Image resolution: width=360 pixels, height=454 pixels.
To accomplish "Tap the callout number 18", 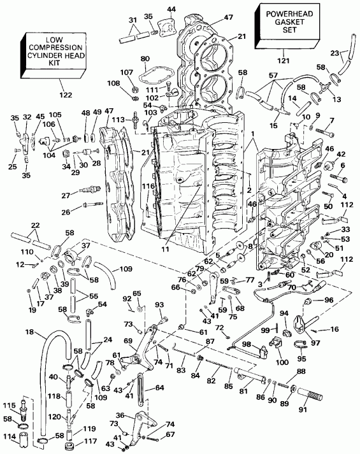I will pyautogui.click(x=29, y=332).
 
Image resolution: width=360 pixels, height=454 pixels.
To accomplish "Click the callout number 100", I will pyautogui.click(x=280, y=362).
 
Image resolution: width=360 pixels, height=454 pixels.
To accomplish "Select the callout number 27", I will pyautogui.click(x=65, y=195).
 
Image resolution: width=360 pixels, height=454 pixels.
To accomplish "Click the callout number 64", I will pyautogui.click(x=159, y=387).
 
